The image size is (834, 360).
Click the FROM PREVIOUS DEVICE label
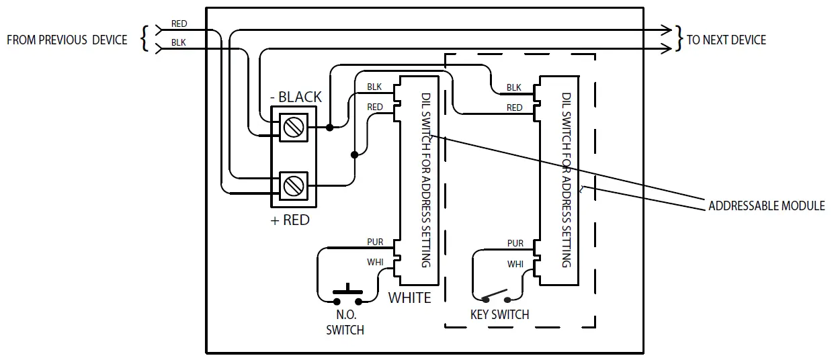[67, 40]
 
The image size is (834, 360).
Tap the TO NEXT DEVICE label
[726, 40]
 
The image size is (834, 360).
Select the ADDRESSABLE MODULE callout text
[766, 206]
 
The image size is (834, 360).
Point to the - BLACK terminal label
[296, 97]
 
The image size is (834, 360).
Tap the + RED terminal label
[290, 220]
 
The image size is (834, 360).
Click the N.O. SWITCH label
[345, 322]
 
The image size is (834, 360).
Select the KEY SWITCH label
[499, 314]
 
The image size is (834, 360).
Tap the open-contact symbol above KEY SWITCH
[496, 296]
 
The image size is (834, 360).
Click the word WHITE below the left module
[409, 298]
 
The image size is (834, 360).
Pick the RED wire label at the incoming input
[179, 24]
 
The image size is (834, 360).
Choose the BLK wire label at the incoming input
[178, 42]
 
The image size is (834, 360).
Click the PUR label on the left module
[374, 242]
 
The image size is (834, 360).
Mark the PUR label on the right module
[515, 243]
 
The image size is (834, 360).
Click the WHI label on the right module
[515, 264]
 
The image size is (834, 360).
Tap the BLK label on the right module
[513, 87]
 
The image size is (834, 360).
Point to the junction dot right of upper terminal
[329, 126]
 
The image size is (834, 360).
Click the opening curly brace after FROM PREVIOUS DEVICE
[144, 39]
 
